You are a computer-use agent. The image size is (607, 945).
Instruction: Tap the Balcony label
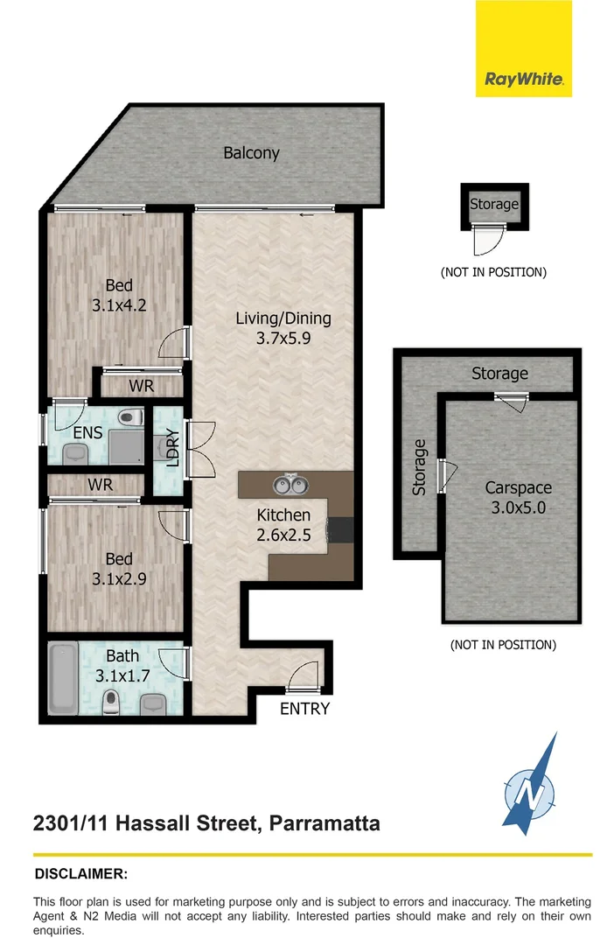pyautogui.click(x=251, y=153)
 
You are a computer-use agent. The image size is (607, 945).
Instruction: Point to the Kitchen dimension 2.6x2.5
pyautogui.click(x=283, y=536)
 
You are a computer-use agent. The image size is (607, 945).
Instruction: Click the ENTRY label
pyautogui.click(x=304, y=709)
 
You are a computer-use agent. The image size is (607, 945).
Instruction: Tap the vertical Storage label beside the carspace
pyautogui.click(x=420, y=467)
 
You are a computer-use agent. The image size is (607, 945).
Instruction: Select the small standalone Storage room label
pyautogui.click(x=494, y=205)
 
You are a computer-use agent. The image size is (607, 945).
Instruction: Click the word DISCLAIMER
pyautogui.click(x=81, y=873)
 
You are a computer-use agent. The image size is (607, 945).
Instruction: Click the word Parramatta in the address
pyautogui.click(x=324, y=823)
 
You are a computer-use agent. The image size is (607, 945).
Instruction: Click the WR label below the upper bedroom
pyautogui.click(x=142, y=385)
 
